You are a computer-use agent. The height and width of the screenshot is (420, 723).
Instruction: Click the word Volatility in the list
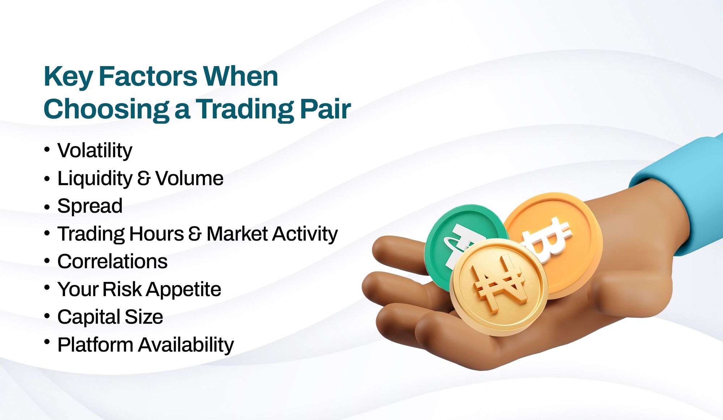click(x=95, y=151)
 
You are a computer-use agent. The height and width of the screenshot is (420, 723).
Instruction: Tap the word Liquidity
click(x=95, y=179)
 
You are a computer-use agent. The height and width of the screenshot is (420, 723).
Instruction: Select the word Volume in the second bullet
click(x=189, y=178)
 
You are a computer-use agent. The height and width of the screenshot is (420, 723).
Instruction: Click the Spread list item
click(x=90, y=207)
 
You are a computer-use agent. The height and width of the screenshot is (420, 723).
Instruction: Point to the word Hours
click(x=157, y=234)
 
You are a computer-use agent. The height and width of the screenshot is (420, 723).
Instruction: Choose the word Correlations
click(x=112, y=261)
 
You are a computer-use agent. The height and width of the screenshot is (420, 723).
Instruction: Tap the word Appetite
click(x=184, y=290)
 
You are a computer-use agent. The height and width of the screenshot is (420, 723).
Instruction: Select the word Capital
click(x=89, y=317)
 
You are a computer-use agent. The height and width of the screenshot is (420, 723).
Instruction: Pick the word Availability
click(x=186, y=345)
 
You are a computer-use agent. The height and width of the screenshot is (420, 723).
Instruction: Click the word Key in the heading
click(x=68, y=77)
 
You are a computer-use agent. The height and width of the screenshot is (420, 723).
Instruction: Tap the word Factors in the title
click(x=148, y=77)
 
